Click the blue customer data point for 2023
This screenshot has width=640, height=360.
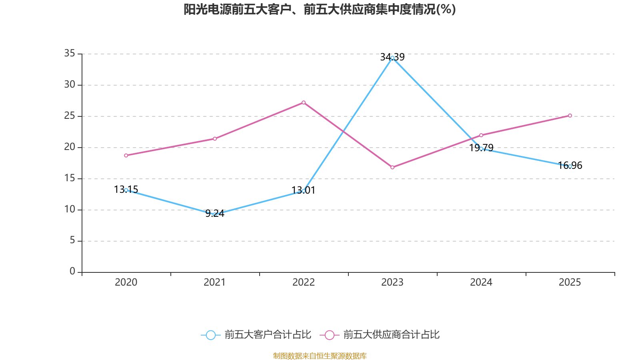pos(392,58)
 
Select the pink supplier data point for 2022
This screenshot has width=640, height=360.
pos(304,102)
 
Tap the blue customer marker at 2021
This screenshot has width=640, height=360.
pos(215,215)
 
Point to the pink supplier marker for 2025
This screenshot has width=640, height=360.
pos(570,116)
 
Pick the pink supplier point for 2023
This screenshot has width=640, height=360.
pos(392,167)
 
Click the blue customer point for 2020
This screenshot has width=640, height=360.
pos(126,190)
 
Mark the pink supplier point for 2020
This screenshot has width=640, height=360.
pos(126,155)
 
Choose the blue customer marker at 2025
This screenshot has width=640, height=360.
pos(570,166)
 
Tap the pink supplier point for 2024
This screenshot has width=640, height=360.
pos(481,135)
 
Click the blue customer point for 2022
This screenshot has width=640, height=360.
pos(304,191)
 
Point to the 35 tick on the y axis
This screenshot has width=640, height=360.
pos(70,53)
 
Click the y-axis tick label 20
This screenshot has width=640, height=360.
pos(70,147)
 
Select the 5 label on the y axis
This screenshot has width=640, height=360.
pos(72,240)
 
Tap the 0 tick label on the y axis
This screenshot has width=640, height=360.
pos(72,271)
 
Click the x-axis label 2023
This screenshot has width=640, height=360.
pos(392,282)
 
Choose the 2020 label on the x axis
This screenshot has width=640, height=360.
pos(126,282)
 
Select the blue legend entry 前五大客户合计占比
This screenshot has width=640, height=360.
pos(256,335)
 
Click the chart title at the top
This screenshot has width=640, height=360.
pos(320,9)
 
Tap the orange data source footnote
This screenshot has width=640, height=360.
pos(320,356)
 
